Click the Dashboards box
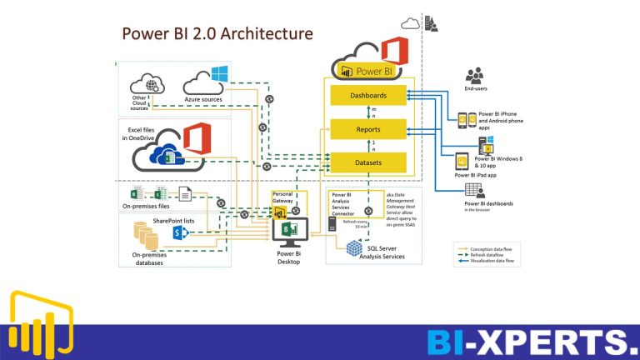(367, 96)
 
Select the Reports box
(367, 130)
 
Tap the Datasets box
(367, 162)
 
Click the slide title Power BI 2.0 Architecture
(217, 33)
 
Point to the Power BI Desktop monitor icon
(290, 232)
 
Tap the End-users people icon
(475, 76)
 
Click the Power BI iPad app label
(476, 176)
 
